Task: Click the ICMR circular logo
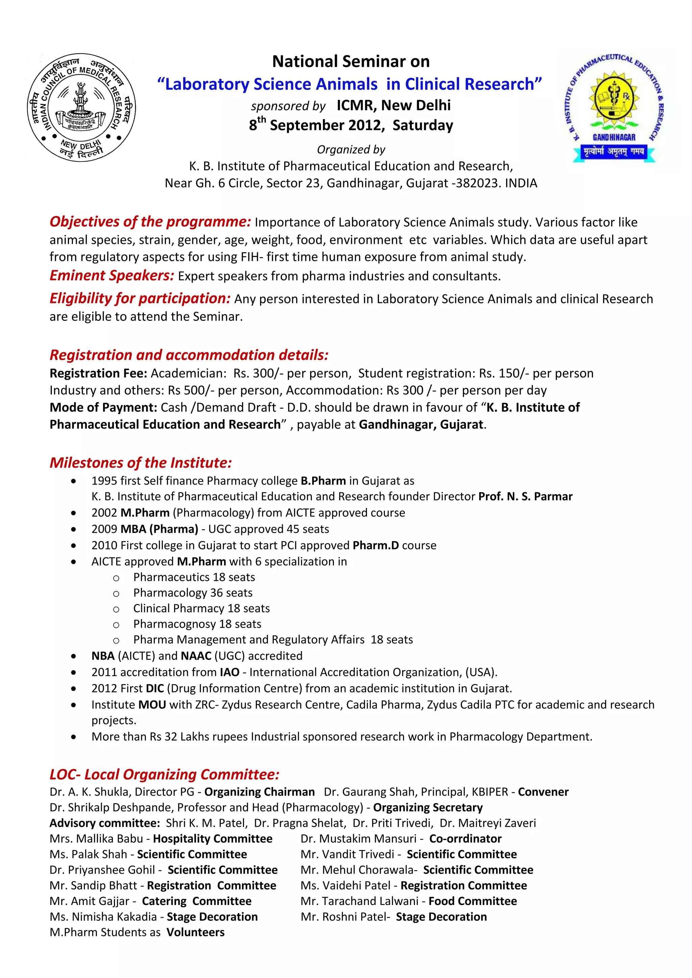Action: [81, 107]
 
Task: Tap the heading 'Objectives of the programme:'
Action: [150, 222]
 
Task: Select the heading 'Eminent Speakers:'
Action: [112, 275]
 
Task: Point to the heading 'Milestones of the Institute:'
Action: [141, 463]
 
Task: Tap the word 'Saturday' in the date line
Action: [423, 125]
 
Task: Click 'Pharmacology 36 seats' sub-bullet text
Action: [193, 593]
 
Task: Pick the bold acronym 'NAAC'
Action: [196, 655]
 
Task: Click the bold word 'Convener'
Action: [543, 792]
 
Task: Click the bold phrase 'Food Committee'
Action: [473, 901]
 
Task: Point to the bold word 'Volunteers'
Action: [195, 932]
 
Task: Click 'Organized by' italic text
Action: [351, 150]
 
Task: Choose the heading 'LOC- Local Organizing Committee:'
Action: [164, 774]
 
